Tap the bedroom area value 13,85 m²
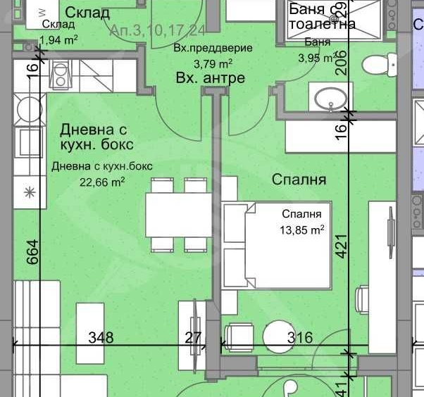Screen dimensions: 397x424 tap(302, 229)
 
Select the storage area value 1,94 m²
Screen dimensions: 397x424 tap(58, 40)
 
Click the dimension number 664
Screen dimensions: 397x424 tap(32, 251)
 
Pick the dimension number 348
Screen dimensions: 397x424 tap(101, 338)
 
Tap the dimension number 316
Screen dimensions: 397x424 tap(300, 338)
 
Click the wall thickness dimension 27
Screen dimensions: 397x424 tap(193, 338)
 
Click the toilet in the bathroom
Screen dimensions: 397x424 tap(378, 65)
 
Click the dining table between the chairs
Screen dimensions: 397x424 tap(178, 215)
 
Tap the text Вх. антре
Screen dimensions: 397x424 tap(210, 78)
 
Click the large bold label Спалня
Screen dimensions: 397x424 tap(299, 179)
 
